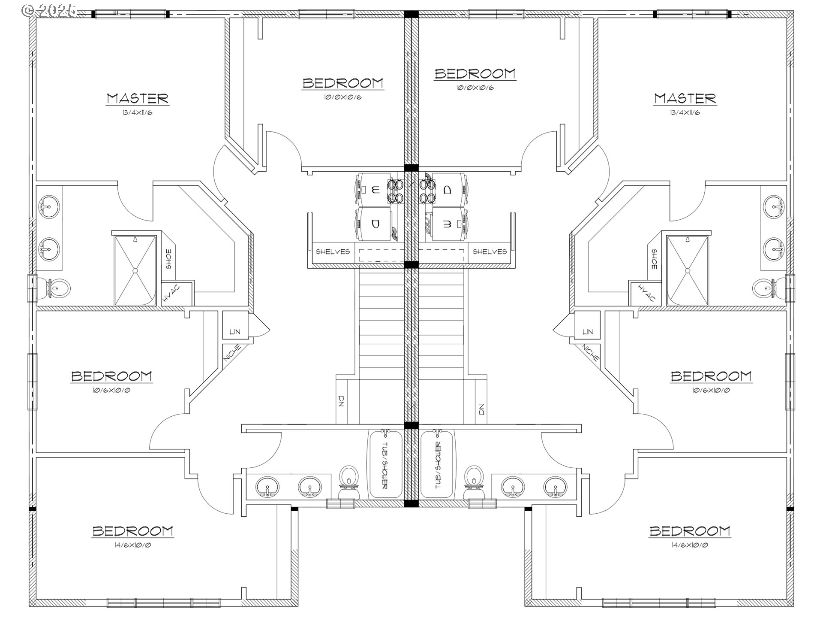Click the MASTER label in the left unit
coord(138,98)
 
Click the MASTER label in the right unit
coord(685,98)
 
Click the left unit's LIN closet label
coord(235,332)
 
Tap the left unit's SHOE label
coord(168,260)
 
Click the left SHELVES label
coord(333,251)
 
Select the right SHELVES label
coord(490,251)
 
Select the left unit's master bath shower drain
coord(135,270)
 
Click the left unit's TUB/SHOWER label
coord(384,465)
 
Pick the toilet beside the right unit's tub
coord(474,482)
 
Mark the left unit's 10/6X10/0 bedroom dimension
coord(111,391)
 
